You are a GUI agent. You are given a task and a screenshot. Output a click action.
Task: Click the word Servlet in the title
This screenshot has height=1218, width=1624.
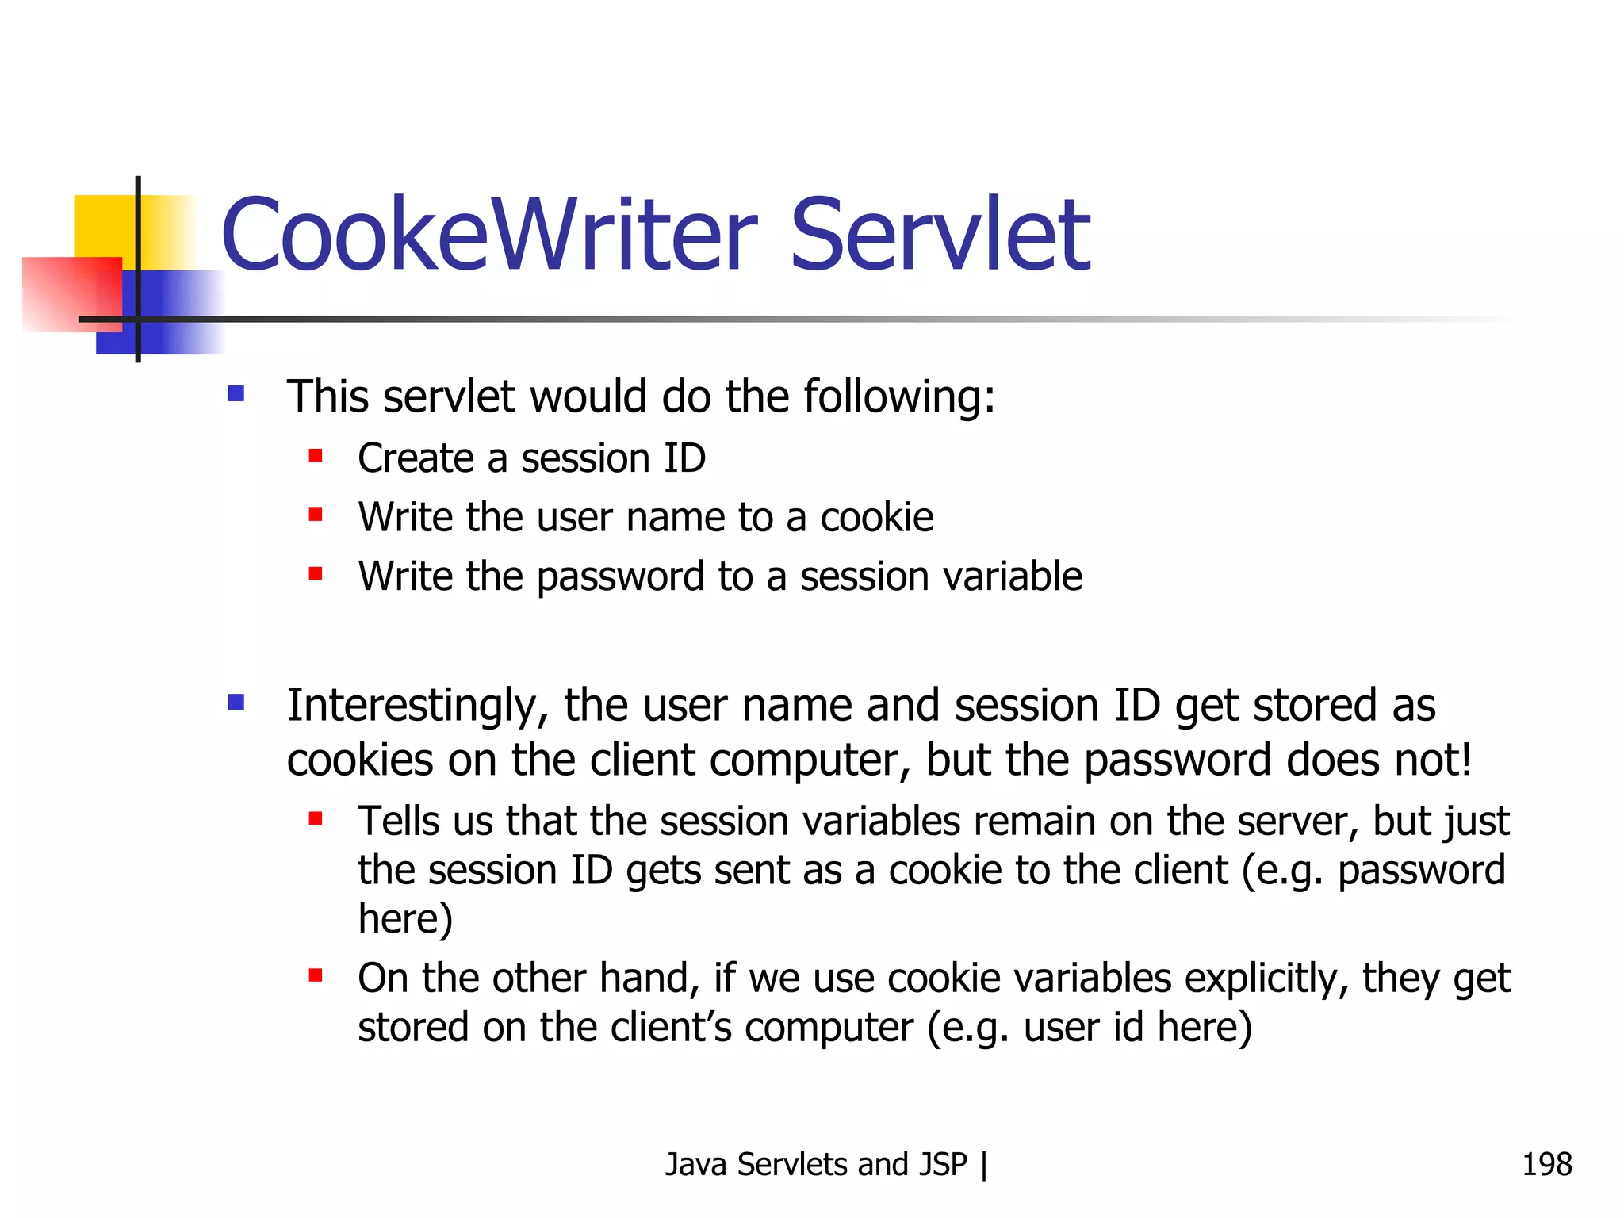[x=940, y=235]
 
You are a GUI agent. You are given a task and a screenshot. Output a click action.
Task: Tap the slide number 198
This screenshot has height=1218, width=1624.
[x=1546, y=1164]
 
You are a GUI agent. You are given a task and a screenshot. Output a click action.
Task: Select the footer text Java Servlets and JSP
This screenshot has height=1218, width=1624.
[x=816, y=1164]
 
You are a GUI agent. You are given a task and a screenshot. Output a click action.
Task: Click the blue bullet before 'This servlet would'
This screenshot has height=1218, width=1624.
[x=236, y=394]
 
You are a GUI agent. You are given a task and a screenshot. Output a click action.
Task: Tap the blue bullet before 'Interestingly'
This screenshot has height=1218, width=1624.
[x=236, y=703]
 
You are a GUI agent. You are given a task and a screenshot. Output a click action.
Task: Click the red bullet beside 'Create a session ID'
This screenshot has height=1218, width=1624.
[x=316, y=456]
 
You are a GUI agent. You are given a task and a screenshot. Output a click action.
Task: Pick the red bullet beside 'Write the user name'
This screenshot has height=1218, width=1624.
[x=316, y=515]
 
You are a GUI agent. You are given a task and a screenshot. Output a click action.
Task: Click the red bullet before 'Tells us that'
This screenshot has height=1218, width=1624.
[x=316, y=818]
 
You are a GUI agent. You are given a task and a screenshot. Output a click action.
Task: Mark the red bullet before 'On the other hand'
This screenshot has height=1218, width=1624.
[x=316, y=975]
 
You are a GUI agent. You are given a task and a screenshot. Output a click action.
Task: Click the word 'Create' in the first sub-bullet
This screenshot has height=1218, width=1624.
[x=416, y=458]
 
